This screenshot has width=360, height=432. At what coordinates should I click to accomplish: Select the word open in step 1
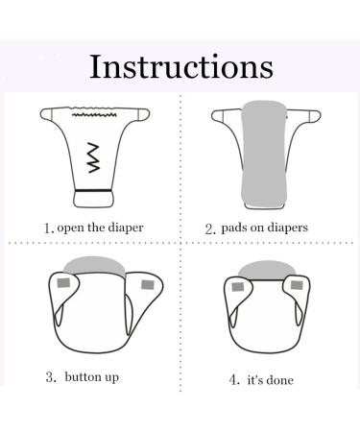pyautogui.click(x=69, y=228)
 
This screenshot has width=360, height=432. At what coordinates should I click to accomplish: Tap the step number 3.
pyautogui.click(x=49, y=376)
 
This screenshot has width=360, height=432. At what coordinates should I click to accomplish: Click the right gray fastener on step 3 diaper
pyautogui.click(x=146, y=285)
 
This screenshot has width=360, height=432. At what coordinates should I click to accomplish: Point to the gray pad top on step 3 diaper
pyautogui.click(x=96, y=264)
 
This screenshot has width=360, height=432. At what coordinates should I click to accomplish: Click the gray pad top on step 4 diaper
pyautogui.click(x=271, y=266)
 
